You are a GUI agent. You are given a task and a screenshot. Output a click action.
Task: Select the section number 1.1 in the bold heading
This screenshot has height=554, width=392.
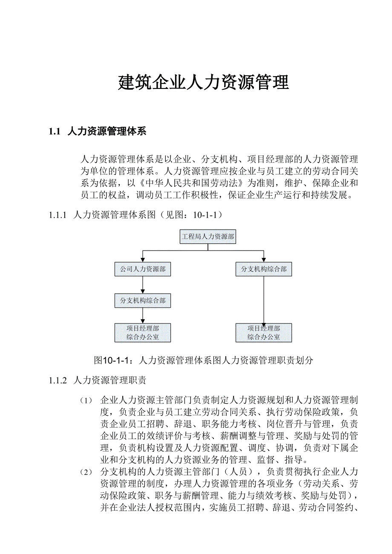pos(55,131)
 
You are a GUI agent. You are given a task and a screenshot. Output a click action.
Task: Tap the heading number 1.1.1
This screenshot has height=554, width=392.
pos(58,215)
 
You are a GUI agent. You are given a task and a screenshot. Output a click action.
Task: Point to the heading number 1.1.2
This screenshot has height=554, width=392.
pos(58,380)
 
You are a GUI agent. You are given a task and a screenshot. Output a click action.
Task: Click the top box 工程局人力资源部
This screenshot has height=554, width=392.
pos(208,236)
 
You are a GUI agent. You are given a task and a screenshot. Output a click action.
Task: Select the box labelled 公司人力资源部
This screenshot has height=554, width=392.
pos(142,269)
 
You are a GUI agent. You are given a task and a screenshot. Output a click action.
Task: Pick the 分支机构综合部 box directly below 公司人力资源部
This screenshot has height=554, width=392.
pos(142,300)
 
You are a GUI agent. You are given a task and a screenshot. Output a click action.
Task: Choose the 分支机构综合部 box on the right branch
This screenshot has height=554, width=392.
pos(264,269)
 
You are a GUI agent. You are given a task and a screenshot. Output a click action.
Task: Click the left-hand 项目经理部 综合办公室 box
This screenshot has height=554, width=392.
pos(142,333)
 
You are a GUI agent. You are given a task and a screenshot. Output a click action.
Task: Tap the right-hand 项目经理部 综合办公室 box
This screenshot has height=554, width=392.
pos(264,333)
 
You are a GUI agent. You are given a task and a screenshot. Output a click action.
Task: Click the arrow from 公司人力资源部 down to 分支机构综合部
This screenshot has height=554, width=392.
pos(142,285)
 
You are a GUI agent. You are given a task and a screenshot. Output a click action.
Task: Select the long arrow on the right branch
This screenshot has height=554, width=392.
pos(264,300)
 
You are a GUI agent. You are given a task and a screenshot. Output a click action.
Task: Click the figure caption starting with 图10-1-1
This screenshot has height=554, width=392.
pos(203,360)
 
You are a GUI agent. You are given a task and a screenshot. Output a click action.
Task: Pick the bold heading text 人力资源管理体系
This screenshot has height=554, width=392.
pos(107,131)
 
